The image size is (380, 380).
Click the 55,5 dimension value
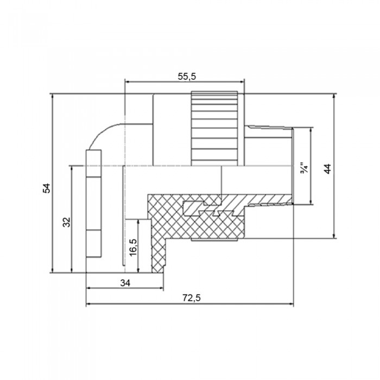[187, 77]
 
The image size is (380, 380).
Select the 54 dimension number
[47, 188]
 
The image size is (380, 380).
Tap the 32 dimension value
[66, 222]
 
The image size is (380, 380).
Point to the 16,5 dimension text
[133, 248]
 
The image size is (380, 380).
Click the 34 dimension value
[125, 283]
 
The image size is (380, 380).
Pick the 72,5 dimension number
[192, 298]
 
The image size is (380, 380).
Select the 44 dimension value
[327, 169]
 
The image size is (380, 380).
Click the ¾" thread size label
[303, 168]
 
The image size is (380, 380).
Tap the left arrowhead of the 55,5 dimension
[126, 82]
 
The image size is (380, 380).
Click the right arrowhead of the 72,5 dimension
[292, 303]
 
